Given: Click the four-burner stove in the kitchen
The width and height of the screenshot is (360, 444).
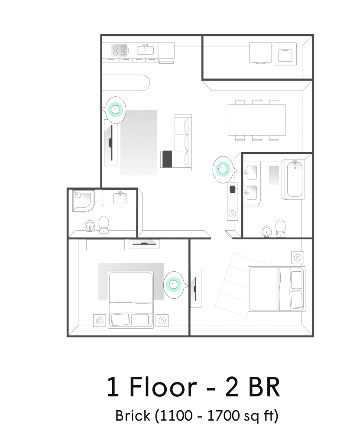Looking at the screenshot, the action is click(119, 50).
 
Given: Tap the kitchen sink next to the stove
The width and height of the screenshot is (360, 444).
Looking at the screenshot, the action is click(145, 50).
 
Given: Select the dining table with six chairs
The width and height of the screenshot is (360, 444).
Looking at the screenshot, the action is click(257, 120).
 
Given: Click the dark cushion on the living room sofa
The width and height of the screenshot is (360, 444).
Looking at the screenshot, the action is click(167, 159).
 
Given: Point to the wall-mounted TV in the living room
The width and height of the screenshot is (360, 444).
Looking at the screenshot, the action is click(111, 142).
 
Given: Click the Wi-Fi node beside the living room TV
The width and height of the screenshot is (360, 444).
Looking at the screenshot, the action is click(115, 110).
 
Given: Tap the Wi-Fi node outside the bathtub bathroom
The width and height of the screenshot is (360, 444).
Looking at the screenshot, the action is click(223, 169).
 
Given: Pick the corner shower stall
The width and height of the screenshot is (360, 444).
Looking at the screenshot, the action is click(83, 201).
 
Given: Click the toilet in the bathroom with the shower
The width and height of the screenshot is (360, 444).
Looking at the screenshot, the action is click(104, 224).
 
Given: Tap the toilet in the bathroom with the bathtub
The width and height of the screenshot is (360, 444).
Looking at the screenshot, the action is click(280, 229).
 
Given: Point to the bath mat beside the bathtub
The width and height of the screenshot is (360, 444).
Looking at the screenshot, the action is click(274, 175).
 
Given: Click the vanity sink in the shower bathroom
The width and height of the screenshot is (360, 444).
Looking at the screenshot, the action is click(120, 197).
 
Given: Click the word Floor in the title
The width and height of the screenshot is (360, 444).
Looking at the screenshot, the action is click(163, 387).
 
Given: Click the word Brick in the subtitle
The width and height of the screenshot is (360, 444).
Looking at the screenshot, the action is click(133, 416).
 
